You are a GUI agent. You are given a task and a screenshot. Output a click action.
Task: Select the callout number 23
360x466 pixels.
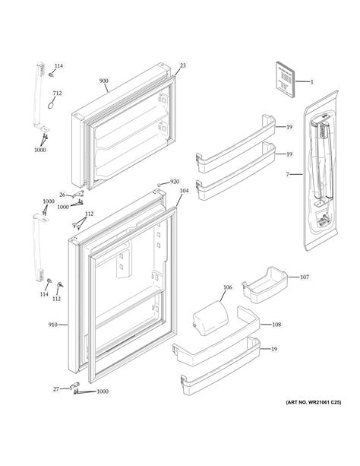click(182, 66)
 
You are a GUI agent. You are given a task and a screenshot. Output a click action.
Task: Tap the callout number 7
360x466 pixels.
click(288, 175)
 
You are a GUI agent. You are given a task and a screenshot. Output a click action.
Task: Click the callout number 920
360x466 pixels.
click(174, 182)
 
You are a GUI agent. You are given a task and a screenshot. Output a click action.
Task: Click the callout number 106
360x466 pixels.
click(228, 287)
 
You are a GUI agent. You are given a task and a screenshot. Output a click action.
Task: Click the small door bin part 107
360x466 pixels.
click(264, 288)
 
